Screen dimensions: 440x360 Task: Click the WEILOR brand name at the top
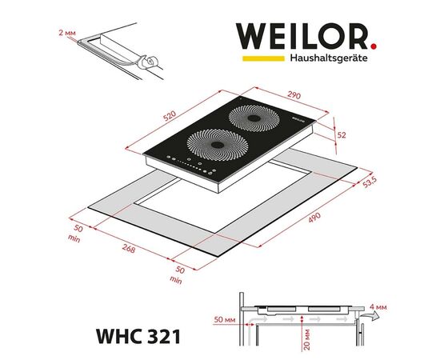302,37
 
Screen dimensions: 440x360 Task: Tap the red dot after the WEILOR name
374,46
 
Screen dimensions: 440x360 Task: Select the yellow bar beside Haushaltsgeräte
263,58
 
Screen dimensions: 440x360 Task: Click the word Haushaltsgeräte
329,58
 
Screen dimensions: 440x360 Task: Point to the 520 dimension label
170,116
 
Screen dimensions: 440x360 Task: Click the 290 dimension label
294,95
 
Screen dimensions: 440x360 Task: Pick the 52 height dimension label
342,135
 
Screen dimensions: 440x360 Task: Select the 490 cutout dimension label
314,218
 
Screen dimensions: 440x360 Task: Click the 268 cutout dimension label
129,248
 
